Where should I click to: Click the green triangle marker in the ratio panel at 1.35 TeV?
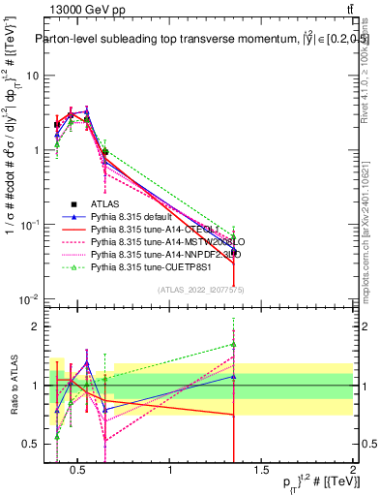click(x=233, y=344)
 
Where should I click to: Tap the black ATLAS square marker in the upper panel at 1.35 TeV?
click(x=233, y=252)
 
